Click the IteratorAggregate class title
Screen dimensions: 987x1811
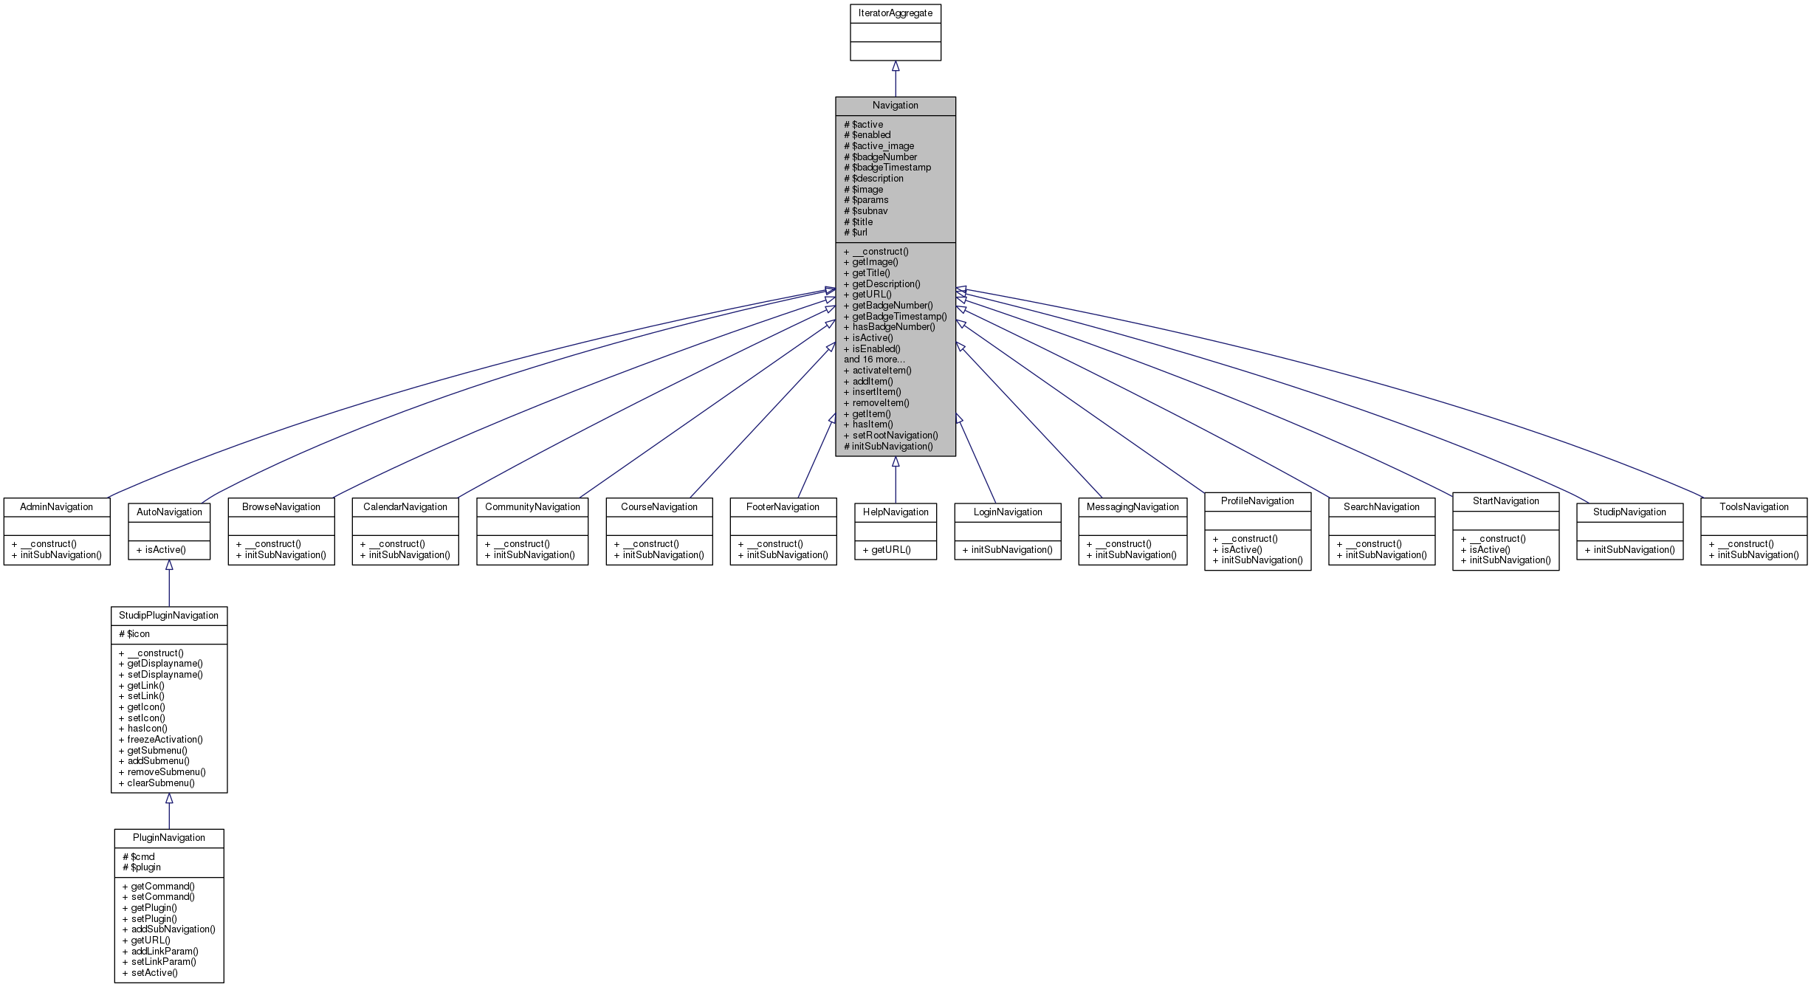coord(895,13)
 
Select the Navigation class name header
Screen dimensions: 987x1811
coord(895,106)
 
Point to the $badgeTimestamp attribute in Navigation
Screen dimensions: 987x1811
coord(891,168)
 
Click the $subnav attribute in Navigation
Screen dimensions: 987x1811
coord(870,211)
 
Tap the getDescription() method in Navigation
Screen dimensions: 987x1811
coord(886,284)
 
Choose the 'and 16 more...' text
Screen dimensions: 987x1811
coord(874,360)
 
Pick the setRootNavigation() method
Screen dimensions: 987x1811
coord(895,436)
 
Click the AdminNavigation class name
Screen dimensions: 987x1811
coord(56,507)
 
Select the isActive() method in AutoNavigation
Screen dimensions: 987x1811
coord(161,550)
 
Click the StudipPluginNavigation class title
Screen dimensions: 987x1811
coord(168,616)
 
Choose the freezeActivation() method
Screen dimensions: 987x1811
coord(165,740)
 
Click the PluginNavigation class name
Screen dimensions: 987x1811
coord(168,838)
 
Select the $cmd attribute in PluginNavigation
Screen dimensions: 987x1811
coord(142,857)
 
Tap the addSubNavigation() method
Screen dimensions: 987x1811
coord(173,929)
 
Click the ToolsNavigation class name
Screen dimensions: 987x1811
coord(1753,507)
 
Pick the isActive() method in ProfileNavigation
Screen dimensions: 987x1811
coord(1242,550)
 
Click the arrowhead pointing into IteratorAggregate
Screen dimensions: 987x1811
coord(896,66)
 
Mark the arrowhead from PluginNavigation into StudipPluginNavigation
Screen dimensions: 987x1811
coord(169,799)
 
